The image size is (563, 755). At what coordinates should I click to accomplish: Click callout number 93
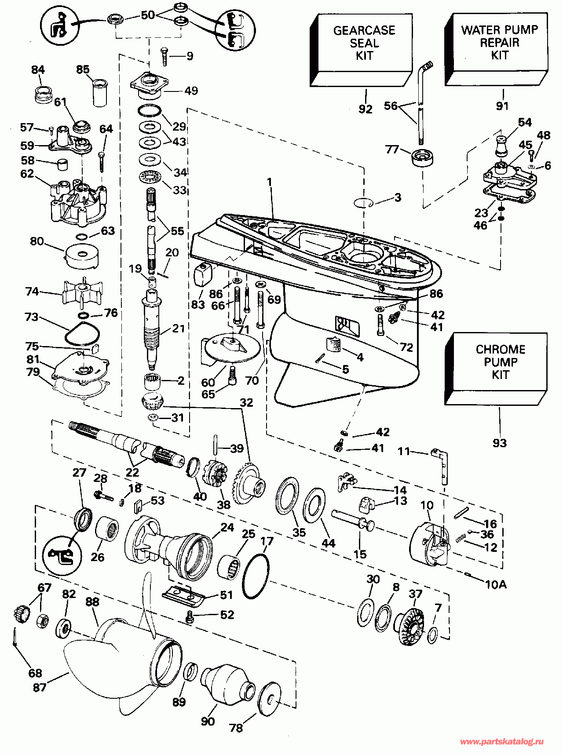point(500,443)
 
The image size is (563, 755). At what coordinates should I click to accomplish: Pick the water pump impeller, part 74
point(78,293)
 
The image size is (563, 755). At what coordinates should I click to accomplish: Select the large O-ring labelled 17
point(255,576)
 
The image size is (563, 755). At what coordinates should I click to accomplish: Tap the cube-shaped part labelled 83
point(203,275)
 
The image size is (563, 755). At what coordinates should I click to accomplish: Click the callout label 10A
point(495,584)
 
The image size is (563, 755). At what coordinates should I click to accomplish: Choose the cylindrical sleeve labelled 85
point(100,92)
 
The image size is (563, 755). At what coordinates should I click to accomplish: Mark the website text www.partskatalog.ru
point(501,741)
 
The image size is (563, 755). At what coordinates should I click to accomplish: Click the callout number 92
point(366,109)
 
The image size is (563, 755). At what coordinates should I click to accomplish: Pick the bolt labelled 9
point(165,57)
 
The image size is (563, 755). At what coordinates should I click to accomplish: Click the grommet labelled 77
point(423,157)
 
